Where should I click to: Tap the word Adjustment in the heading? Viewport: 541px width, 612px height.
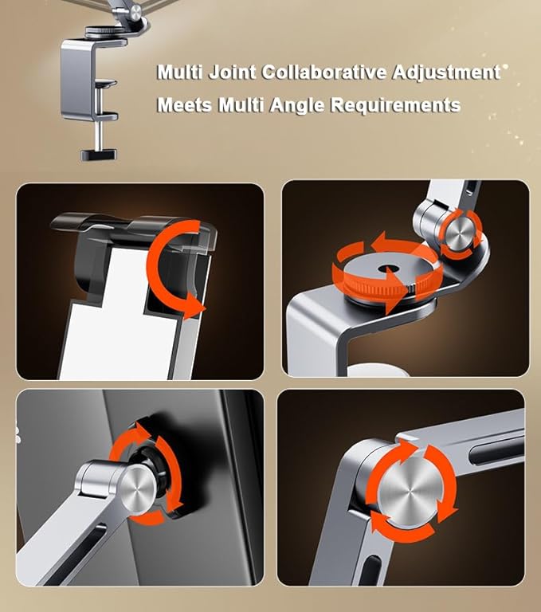click(x=446, y=73)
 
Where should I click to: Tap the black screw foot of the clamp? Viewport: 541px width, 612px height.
click(x=98, y=153)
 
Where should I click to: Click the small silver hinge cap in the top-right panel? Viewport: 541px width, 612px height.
click(x=461, y=234)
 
